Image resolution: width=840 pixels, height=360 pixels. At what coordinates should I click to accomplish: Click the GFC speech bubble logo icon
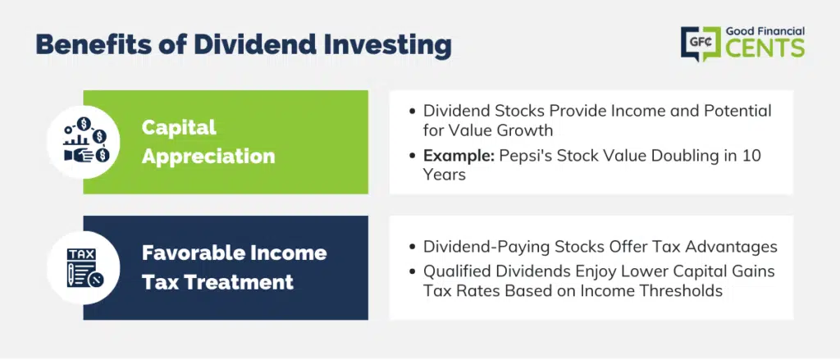coord(701,43)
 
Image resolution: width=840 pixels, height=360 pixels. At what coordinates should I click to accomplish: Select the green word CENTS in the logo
coord(765,48)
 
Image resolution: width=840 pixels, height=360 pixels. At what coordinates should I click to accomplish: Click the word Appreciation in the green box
coord(208,156)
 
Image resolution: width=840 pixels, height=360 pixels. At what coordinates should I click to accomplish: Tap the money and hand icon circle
coord(84,142)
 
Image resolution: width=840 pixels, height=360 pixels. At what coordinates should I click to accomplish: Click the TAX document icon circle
coord(84,268)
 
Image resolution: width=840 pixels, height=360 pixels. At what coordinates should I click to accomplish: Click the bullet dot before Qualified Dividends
coord(412,272)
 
